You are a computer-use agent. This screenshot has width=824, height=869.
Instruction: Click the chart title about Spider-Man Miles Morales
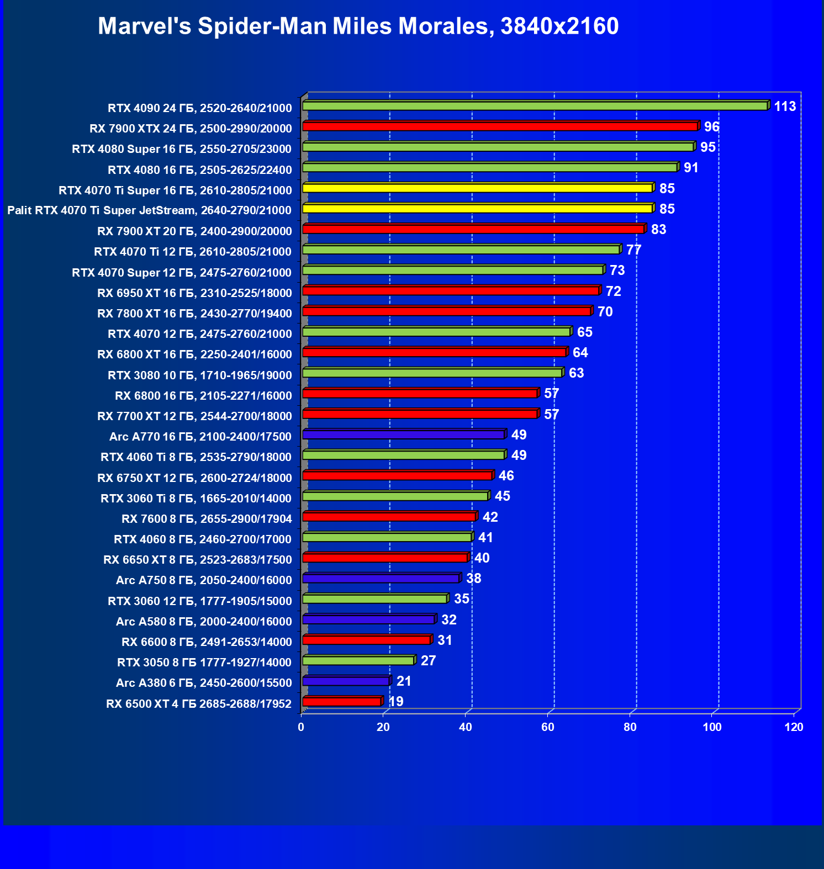tap(358, 26)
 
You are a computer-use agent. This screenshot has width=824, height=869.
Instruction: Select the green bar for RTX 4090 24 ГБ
tap(535, 106)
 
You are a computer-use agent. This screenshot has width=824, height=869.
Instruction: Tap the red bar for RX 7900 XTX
tap(500, 126)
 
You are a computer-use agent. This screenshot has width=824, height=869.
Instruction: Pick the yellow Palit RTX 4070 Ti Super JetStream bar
tap(478, 209)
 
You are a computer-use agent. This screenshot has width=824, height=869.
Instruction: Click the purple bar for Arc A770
tap(404, 435)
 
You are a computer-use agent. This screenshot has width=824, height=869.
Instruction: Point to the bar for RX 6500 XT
tap(342, 702)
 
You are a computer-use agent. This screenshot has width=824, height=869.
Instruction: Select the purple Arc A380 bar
tap(346, 681)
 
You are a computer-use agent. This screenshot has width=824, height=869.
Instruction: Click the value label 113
tap(784, 106)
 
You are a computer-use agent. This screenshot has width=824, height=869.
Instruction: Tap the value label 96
tap(711, 127)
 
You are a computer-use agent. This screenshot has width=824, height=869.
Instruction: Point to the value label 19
tap(396, 702)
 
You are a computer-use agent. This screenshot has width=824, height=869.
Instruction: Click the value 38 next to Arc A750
tap(473, 579)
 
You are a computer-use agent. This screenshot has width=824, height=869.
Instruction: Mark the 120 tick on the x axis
tap(794, 727)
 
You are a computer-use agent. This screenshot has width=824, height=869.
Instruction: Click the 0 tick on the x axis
tap(301, 727)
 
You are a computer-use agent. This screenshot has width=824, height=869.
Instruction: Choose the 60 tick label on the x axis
tap(548, 727)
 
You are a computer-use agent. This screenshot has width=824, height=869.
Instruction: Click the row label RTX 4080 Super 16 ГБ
tap(182, 149)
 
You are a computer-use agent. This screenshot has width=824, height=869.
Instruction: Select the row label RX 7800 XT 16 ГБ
tap(194, 314)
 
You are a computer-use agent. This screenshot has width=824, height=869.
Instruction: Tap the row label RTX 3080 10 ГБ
tap(199, 375)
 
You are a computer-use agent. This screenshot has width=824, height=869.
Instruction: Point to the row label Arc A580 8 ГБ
tap(204, 622)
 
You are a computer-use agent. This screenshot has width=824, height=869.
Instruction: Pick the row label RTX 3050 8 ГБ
tap(204, 663)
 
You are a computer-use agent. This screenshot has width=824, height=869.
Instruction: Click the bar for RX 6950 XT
tap(451, 291)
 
